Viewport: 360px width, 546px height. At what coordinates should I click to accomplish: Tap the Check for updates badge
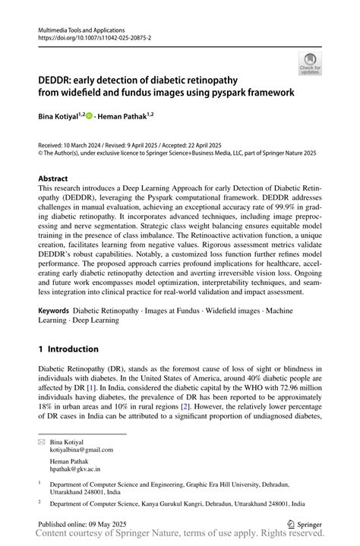point(310,64)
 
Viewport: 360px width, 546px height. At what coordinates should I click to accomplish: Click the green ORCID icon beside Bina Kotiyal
point(90,116)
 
